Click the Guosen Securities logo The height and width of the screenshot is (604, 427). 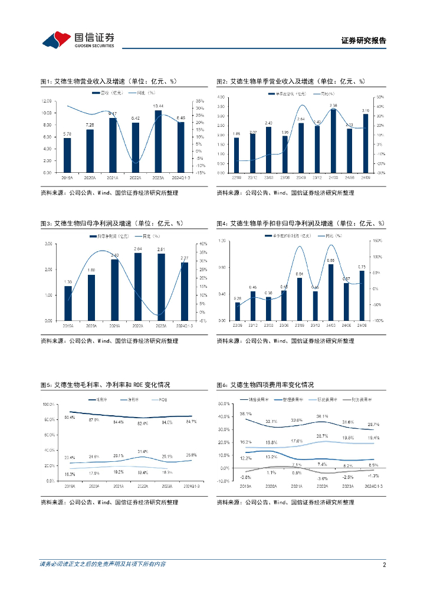point(78,40)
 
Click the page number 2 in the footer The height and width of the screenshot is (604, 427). point(384,564)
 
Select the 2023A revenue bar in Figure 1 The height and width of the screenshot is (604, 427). point(158,142)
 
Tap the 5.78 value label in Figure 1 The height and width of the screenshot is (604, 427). point(67,134)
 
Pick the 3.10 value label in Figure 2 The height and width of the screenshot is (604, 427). point(365,110)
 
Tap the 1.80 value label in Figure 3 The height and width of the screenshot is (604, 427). point(91,271)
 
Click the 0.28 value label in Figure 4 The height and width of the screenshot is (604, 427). point(237,298)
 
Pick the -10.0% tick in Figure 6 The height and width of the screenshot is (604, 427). point(223,481)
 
